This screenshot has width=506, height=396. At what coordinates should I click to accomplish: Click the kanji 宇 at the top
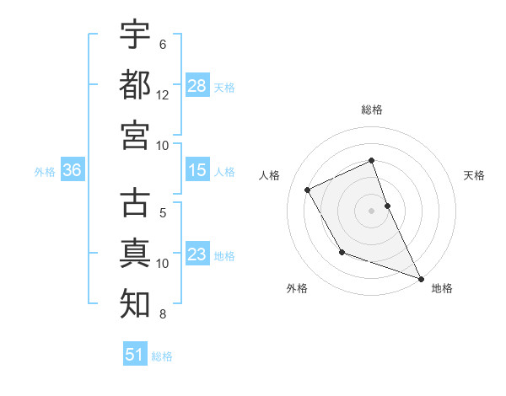point(135,35)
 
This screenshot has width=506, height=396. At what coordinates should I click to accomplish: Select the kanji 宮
point(135,134)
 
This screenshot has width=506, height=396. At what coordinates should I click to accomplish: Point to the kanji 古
point(135,204)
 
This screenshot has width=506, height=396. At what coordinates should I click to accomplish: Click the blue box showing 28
point(196,85)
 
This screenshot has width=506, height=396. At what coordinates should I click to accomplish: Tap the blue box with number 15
point(196,170)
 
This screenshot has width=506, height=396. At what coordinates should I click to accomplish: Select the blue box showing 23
point(196,254)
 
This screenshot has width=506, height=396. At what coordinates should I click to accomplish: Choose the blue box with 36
point(73,170)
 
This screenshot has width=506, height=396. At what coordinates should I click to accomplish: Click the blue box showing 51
point(135,355)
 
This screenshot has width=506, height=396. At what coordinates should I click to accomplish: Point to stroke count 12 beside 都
point(163,95)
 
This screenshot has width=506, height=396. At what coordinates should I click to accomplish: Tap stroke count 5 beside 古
point(162,214)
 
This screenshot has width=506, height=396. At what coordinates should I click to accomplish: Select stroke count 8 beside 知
point(162,315)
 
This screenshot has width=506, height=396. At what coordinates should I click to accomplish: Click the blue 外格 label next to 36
point(45,172)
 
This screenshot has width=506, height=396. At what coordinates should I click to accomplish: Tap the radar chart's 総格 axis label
point(372,110)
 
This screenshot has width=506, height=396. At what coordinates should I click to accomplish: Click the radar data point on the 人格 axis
point(308,190)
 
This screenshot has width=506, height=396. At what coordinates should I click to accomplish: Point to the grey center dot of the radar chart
point(372,210)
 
